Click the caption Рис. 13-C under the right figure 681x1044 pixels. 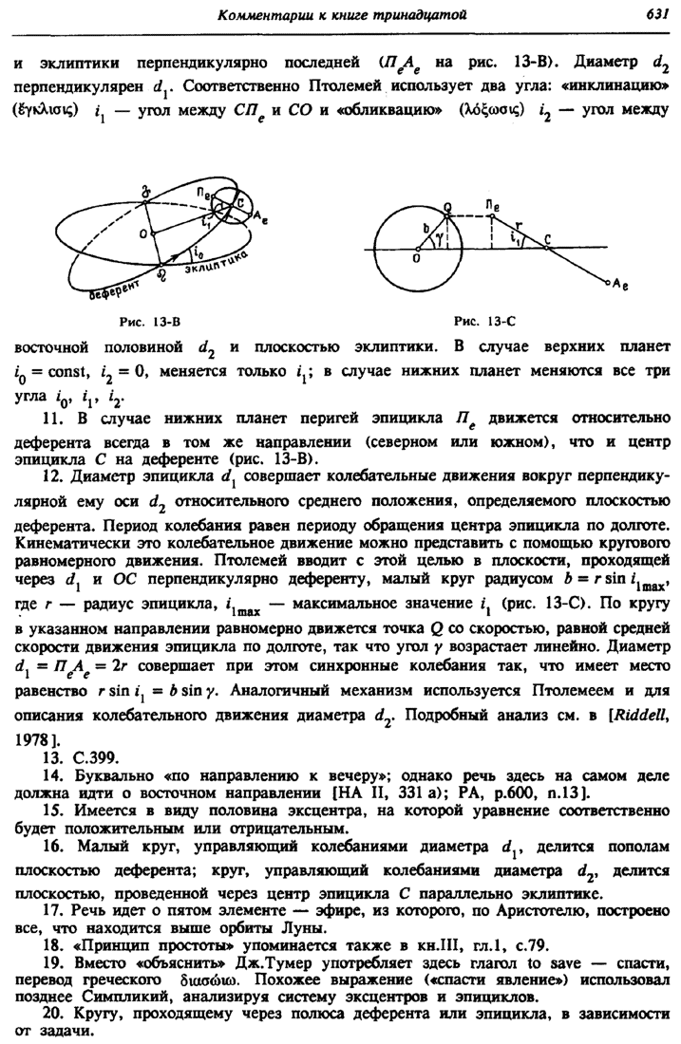tap(482, 309)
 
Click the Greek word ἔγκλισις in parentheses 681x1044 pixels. tap(41, 111)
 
